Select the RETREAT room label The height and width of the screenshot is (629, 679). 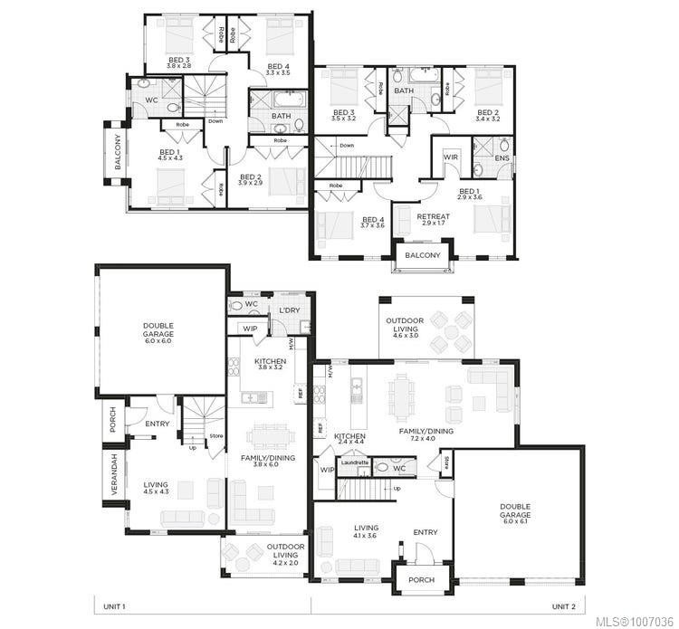[x=432, y=216]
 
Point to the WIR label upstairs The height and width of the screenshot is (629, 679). [x=450, y=157]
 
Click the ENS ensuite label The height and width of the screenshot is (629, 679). [x=502, y=157]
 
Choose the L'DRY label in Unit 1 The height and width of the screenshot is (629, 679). [x=290, y=310]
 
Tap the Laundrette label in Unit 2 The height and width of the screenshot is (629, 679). [x=354, y=462]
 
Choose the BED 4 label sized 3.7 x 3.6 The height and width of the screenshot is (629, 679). [x=373, y=220]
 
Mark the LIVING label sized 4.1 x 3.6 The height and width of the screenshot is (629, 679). [x=366, y=528]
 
